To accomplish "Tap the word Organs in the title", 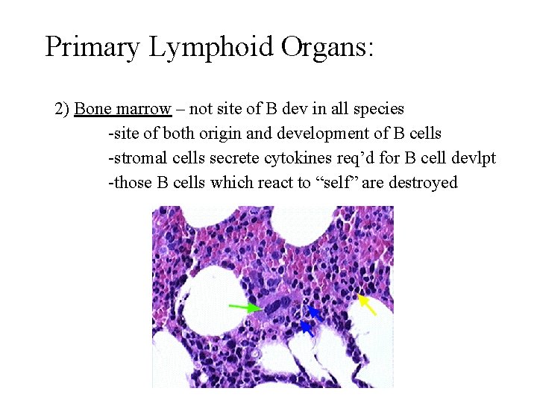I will pyautogui.click(x=329, y=47).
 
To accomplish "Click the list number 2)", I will pyautogui.click(x=63, y=109).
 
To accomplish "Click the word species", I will pyautogui.click(x=378, y=109).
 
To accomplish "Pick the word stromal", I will pyautogui.click(x=139, y=158).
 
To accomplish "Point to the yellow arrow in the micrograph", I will pyautogui.click(x=367, y=304).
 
